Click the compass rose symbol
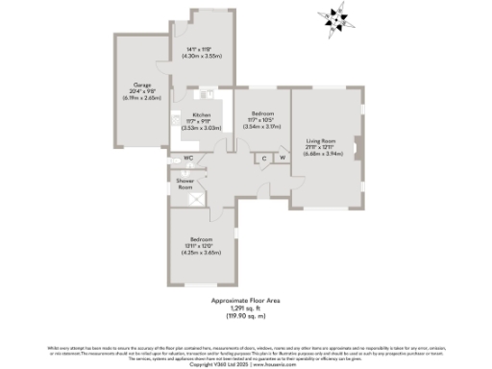coord(335,17)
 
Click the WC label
coord(187,159)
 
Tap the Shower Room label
coord(184,184)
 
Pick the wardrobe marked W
coord(283,158)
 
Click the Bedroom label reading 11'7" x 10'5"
coord(261,114)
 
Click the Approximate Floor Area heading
coord(245,301)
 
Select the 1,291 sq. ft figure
coord(245,307)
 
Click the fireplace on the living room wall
coord(359,149)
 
